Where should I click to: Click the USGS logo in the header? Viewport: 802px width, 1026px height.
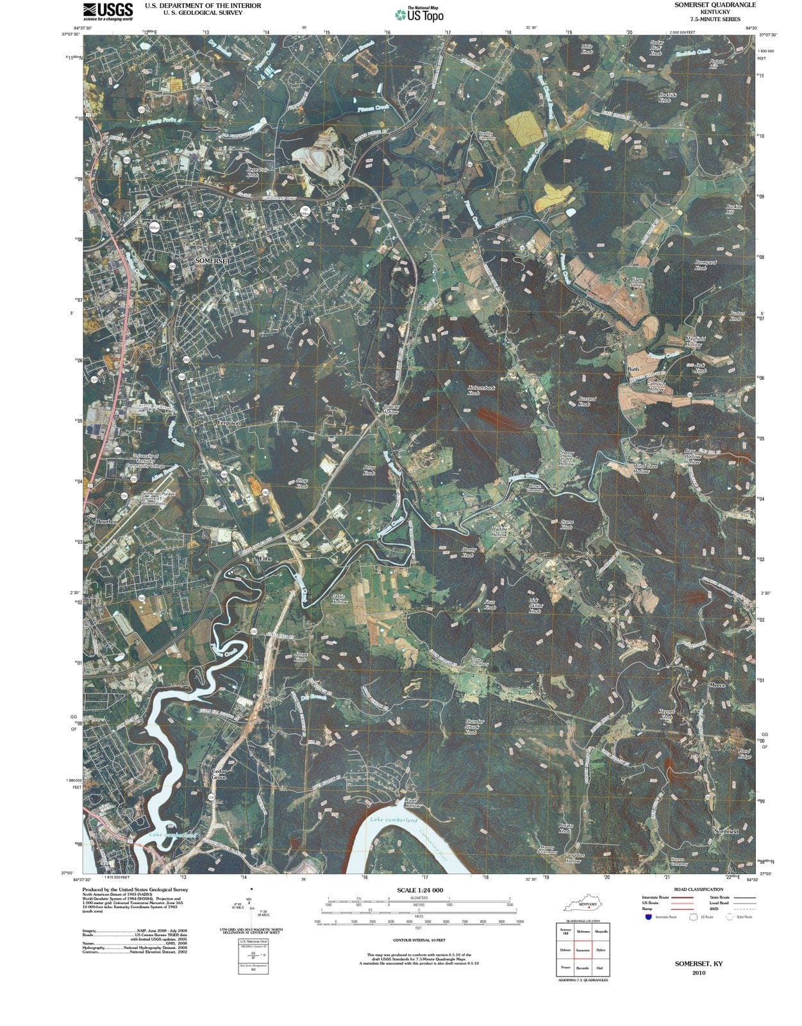coord(108,11)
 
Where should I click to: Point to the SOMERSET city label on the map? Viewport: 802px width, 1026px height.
coord(212,261)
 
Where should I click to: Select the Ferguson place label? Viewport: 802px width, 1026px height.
coord(229,423)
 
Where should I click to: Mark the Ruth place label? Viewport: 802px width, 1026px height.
coord(633,369)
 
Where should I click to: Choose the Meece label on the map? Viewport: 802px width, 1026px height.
coord(717,685)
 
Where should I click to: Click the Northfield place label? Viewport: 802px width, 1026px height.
coord(726,831)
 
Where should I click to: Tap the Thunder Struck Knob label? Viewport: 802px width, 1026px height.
coord(474,727)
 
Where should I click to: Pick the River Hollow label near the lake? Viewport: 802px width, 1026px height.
coord(412,804)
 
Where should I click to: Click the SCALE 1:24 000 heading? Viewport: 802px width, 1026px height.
coord(419,890)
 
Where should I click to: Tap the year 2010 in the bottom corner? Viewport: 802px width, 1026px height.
coord(699,973)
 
